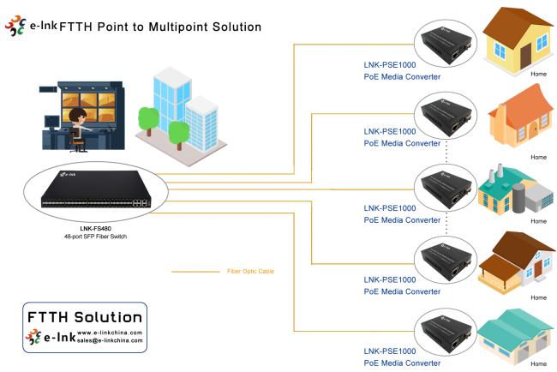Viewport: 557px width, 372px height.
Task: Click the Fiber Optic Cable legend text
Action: tap(251, 272)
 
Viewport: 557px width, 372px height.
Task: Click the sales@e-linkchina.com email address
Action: tap(110, 339)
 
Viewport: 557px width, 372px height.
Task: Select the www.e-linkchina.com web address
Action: tap(110, 332)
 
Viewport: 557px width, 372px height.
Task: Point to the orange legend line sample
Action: tap(195, 272)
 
